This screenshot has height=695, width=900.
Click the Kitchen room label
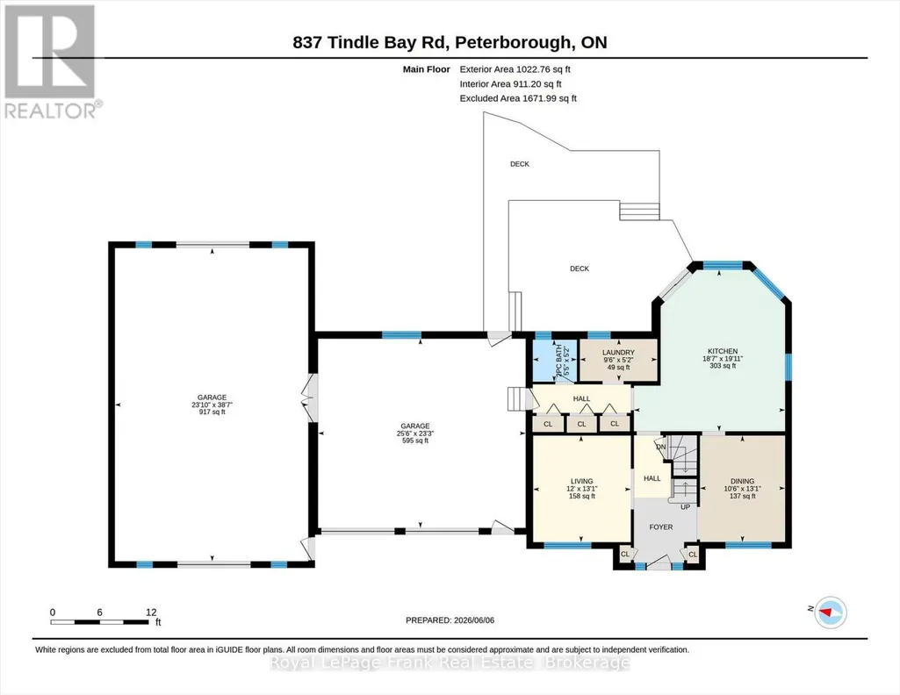(x=723, y=358)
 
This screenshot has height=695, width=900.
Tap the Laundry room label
(x=618, y=360)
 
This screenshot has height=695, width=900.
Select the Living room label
(x=581, y=489)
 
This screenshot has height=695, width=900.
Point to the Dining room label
(x=742, y=489)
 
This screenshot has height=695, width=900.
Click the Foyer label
(x=660, y=527)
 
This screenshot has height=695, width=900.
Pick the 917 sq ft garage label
(x=212, y=405)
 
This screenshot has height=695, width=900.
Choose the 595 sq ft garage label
(x=415, y=433)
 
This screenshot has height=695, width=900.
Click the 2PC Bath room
(x=547, y=361)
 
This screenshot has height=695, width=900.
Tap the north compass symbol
(x=831, y=613)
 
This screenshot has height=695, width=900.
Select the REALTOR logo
(x=50, y=61)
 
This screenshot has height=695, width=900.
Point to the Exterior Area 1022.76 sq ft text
(x=515, y=69)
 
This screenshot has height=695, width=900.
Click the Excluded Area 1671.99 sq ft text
(x=518, y=98)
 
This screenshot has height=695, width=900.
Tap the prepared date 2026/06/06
(x=450, y=620)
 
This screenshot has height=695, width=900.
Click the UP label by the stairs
(x=686, y=507)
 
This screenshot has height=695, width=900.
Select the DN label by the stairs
(x=660, y=447)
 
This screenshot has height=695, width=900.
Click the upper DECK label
(x=520, y=164)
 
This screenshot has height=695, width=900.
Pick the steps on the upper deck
(x=639, y=211)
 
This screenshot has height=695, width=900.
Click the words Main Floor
(x=427, y=69)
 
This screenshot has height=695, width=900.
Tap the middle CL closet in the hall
(x=581, y=424)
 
